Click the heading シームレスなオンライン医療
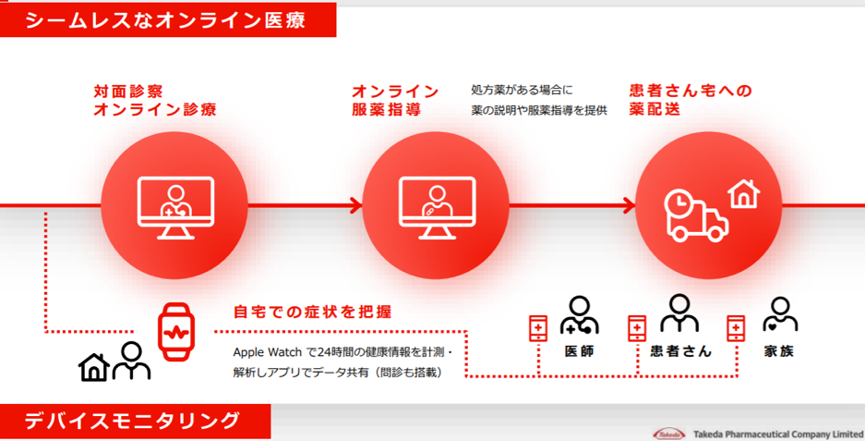165,21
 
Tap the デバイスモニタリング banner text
132,421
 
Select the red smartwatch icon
176,332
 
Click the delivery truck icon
696,216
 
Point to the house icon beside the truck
744,194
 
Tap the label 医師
579,351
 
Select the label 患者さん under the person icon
680,351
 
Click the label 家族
779,351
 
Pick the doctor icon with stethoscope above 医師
579,315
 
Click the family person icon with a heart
780,314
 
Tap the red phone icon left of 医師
538,328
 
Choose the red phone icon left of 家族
736,328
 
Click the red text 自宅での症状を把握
312,312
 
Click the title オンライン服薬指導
395,100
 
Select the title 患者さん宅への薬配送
691,100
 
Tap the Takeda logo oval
668,434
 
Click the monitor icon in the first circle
175,208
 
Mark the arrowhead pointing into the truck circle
630,205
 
